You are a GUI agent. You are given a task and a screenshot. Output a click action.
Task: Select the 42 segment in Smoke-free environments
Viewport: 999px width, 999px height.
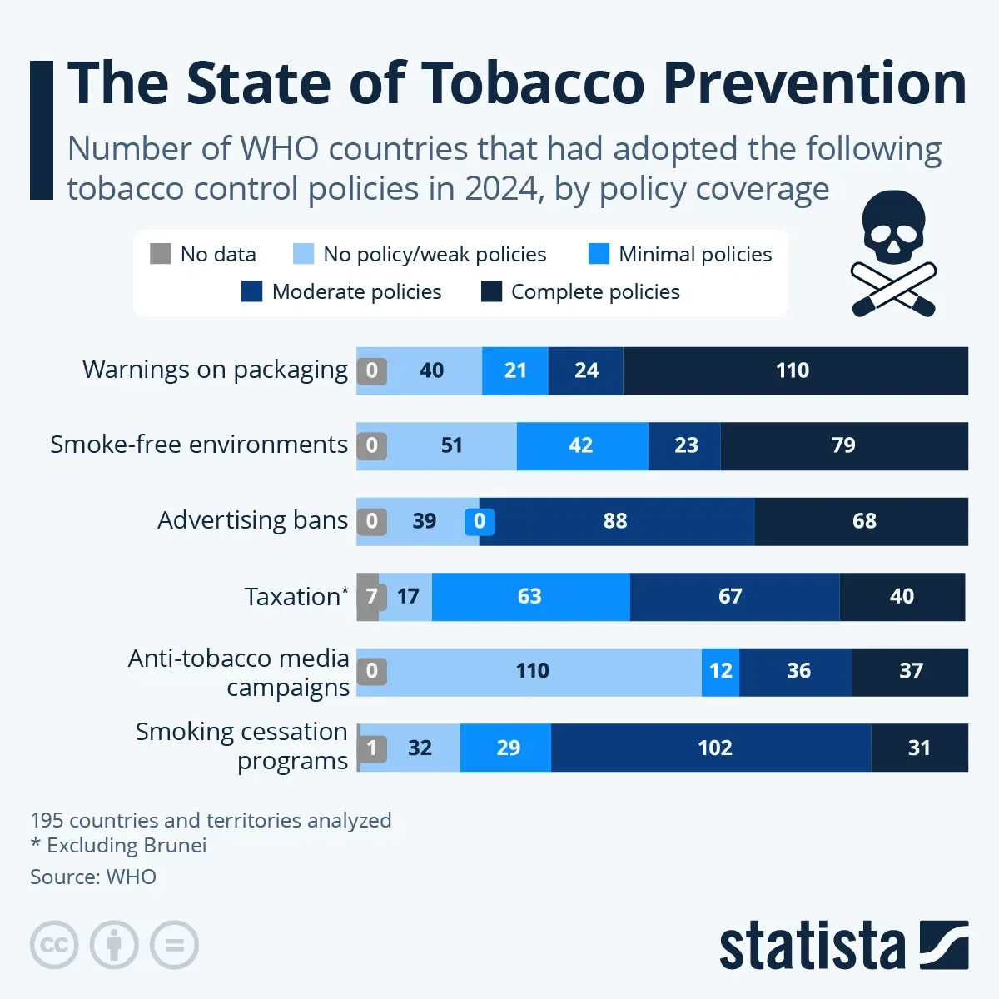[x=582, y=445]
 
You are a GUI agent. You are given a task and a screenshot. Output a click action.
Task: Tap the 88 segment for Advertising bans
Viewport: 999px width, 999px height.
[x=616, y=521]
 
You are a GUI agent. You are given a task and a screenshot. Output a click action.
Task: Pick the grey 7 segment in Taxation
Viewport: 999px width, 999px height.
[x=369, y=596]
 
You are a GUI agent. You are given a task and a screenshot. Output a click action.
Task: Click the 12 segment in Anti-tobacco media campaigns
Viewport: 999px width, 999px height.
[x=720, y=671]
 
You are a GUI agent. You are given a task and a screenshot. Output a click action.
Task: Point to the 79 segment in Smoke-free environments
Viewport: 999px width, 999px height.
[x=843, y=445]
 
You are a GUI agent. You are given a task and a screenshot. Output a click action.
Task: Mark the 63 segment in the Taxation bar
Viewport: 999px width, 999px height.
[x=530, y=596]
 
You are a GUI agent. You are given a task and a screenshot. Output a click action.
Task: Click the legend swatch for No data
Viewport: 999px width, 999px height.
[x=161, y=254]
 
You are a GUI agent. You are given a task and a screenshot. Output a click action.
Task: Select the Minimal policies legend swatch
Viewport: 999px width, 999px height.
[x=599, y=254]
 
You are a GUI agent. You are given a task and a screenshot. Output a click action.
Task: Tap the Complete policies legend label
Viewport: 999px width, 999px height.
[x=595, y=291]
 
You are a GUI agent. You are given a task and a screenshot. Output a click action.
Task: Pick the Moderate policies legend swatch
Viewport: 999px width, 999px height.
[x=251, y=291]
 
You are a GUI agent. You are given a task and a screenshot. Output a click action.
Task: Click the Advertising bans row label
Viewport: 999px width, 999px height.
[x=252, y=520]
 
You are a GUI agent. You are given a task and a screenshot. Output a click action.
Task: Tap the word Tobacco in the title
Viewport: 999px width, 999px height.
[x=533, y=83]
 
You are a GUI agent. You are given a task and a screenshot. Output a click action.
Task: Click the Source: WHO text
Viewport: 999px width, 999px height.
[x=93, y=877]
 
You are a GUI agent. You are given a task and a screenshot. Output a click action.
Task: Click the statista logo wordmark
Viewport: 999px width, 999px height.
[x=812, y=946]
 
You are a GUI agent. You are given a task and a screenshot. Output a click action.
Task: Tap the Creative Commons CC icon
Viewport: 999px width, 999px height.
[x=54, y=945]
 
